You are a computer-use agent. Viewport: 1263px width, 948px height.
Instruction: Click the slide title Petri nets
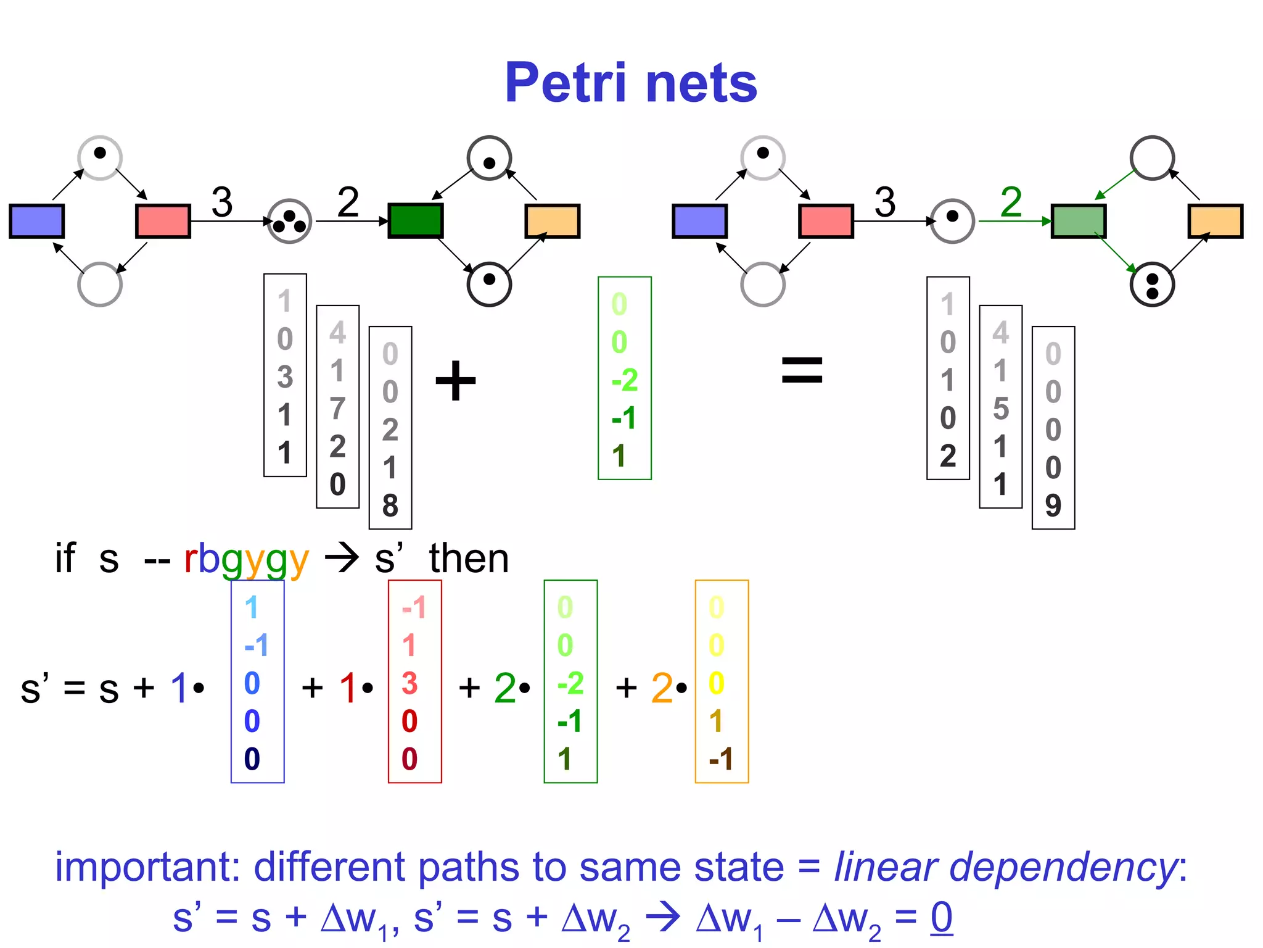(x=630, y=83)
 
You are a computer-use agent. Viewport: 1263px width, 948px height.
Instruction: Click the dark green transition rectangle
(x=415, y=221)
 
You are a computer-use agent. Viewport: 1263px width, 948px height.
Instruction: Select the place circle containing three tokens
(x=289, y=221)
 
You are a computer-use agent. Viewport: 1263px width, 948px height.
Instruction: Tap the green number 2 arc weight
(x=1011, y=202)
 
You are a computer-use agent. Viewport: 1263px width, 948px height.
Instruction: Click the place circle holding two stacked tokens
(x=1151, y=285)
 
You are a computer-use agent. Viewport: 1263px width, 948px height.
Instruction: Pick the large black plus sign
(x=456, y=380)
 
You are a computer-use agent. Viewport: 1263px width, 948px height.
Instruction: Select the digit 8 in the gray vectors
(x=390, y=505)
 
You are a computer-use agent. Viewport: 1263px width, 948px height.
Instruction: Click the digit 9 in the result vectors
(x=1053, y=505)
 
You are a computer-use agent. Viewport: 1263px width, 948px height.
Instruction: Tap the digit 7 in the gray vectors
(x=337, y=409)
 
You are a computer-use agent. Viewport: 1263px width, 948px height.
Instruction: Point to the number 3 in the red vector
(x=409, y=683)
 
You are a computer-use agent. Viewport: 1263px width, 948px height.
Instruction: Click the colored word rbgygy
(x=246, y=559)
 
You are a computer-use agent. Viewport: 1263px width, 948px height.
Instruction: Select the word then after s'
(x=469, y=559)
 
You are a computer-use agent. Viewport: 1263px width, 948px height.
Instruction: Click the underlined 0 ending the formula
(x=941, y=918)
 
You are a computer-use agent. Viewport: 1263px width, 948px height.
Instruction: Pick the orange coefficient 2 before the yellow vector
(x=662, y=688)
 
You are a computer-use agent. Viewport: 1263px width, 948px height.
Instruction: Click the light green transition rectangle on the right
(x=1078, y=221)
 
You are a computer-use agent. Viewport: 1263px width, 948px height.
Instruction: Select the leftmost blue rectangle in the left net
(x=37, y=221)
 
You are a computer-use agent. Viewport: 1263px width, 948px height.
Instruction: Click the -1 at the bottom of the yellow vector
(x=720, y=759)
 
